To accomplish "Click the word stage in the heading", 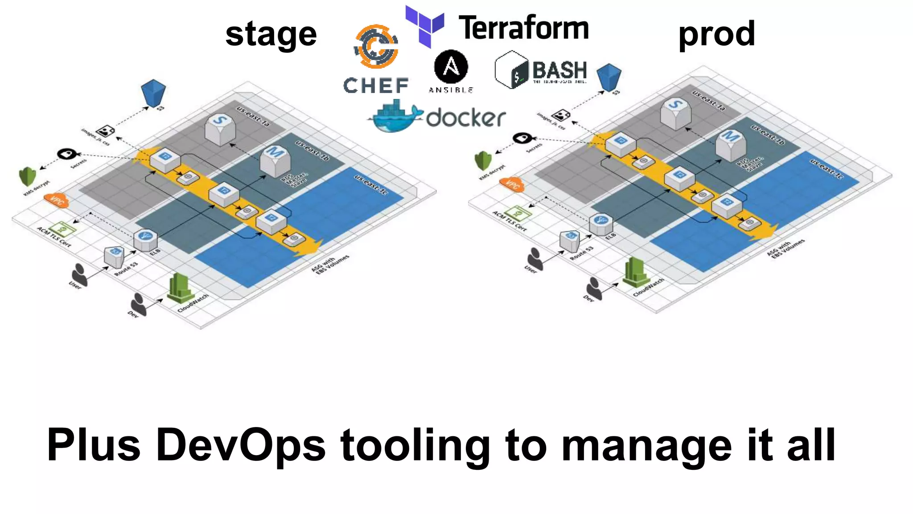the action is tap(271, 35).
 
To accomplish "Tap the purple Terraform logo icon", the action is tap(424, 25).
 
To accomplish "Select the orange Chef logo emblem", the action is tap(376, 46).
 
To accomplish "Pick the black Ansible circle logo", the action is tap(451, 67).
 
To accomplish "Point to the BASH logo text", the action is tap(559, 70).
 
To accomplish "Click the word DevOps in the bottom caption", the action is tap(241, 445).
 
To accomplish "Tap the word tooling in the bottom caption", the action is tap(415, 446).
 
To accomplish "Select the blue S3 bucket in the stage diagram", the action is tap(153, 92).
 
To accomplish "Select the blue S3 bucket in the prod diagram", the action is tap(609, 76).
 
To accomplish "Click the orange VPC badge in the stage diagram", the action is tap(57, 201).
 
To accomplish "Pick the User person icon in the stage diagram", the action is tap(80, 273).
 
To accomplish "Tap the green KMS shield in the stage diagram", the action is tap(27, 176).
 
